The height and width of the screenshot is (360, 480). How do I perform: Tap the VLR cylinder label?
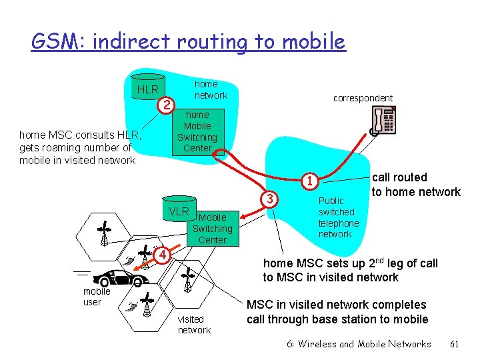point(179,211)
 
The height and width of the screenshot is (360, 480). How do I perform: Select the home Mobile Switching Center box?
point(197,131)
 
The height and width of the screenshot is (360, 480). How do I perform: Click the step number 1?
point(308,181)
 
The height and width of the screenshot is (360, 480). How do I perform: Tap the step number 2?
point(167,105)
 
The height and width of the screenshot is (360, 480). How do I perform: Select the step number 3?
point(269,199)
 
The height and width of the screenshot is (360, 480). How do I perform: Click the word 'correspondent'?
point(363,98)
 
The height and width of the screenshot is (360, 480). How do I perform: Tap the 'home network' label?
point(210,89)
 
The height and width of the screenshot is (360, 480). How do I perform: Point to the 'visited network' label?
point(193,325)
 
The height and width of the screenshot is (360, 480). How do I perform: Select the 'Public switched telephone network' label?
point(339,217)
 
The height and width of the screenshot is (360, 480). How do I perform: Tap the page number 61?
point(455,344)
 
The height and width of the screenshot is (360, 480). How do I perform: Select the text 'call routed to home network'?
point(415,185)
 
